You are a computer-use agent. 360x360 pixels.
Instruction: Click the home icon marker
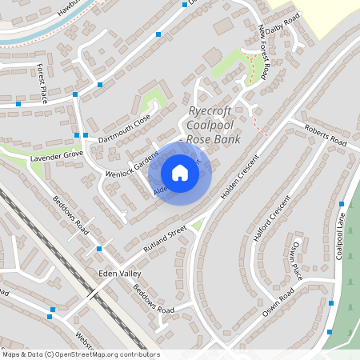pos(180,172)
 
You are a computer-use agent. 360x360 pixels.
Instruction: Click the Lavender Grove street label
pos(57,153)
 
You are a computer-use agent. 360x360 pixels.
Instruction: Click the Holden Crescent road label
pos(242,177)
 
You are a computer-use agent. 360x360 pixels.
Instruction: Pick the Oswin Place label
pos(297,259)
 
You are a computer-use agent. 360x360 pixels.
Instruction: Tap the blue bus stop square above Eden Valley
pos(98,249)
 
